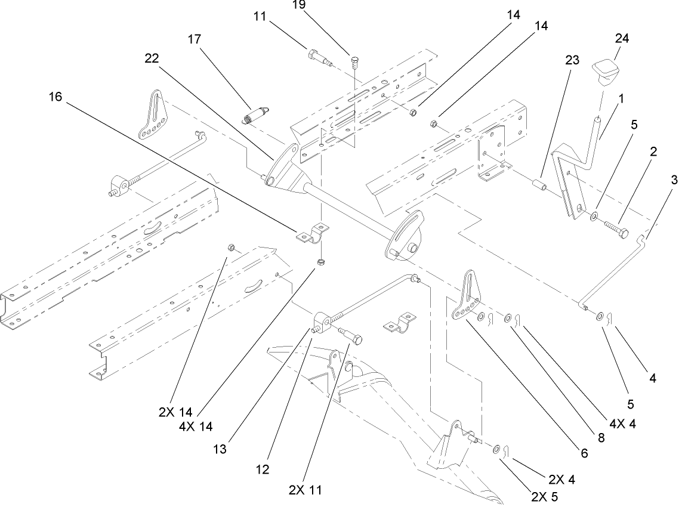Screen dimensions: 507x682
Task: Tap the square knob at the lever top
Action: click(x=608, y=73)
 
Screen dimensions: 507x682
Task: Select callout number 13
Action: click(x=220, y=449)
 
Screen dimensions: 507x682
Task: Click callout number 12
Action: click(x=264, y=469)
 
